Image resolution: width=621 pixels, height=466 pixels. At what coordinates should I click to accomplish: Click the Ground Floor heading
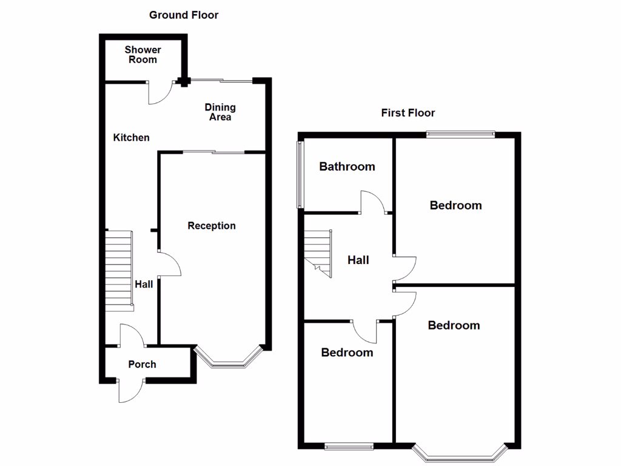[184, 15]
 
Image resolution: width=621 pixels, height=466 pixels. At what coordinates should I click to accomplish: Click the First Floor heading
[408, 113]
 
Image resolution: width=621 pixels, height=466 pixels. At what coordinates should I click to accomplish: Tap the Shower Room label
[143, 55]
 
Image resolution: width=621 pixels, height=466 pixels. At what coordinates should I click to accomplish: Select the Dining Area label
[220, 112]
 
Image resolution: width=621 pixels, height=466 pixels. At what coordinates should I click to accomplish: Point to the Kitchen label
[131, 138]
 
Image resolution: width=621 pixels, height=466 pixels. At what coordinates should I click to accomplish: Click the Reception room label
[212, 226]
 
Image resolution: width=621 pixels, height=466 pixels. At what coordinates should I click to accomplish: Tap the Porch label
[142, 364]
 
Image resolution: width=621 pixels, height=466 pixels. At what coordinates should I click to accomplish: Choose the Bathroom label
[347, 166]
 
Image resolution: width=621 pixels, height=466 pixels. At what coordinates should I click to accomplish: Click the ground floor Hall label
[144, 284]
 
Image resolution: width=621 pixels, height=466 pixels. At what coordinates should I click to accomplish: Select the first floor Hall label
[358, 260]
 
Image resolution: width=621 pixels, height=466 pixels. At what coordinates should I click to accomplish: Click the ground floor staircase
[119, 270]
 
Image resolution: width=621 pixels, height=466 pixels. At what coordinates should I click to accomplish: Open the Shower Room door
[161, 93]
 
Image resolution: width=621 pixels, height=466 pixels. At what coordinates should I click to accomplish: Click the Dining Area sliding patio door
[221, 80]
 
